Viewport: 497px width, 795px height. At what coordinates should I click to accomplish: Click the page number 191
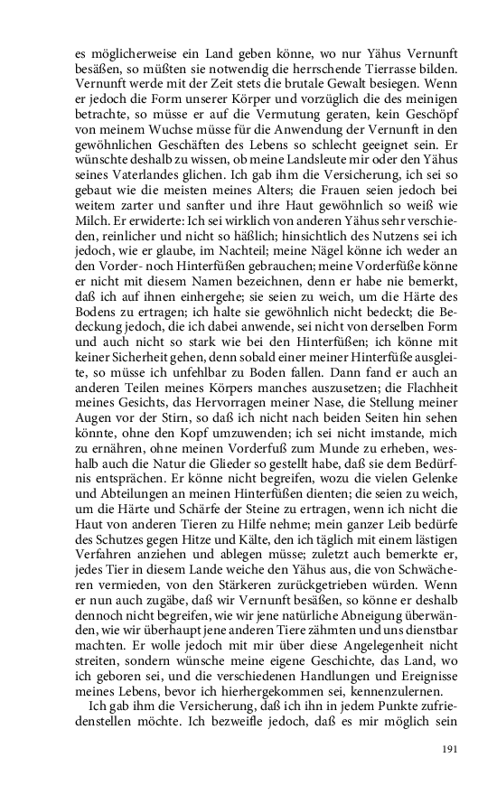[x=448, y=748]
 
